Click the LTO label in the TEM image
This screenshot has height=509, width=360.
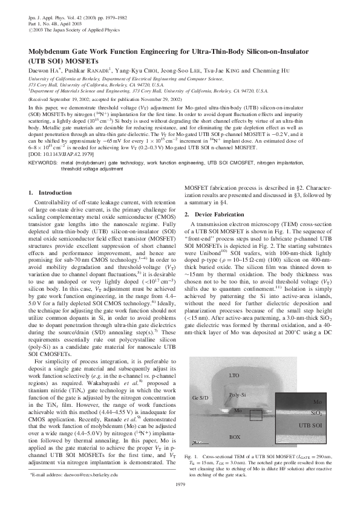[x=234, y=375]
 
